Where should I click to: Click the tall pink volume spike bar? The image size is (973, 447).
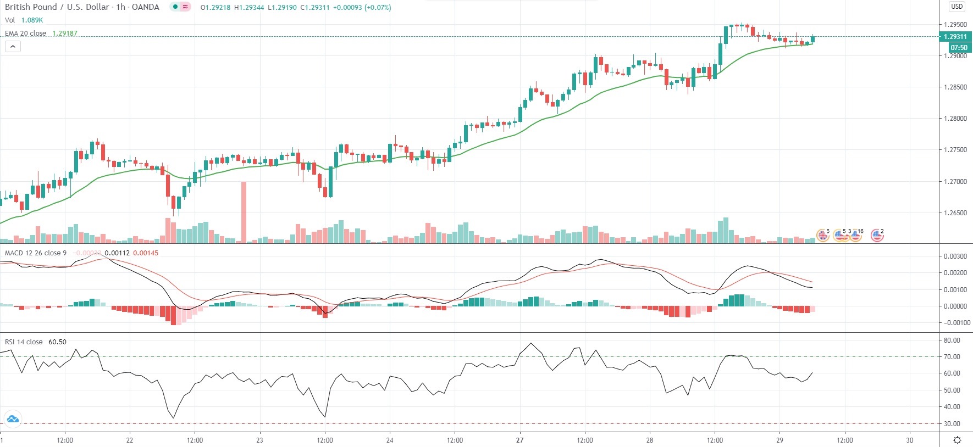[244, 211]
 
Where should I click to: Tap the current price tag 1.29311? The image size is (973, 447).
[955, 37]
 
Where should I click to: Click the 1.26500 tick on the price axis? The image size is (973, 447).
[955, 213]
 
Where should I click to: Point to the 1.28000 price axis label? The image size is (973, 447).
[955, 119]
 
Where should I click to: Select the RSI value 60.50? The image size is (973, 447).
[57, 342]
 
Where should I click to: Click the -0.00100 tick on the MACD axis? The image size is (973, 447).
[957, 323]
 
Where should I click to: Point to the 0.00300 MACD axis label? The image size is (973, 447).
[955, 256]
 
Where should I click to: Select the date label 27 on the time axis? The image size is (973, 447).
[520, 440]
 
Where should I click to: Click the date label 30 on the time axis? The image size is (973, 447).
[910, 440]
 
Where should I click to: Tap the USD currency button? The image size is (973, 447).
[957, 7]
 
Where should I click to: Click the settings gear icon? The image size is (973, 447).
[957, 440]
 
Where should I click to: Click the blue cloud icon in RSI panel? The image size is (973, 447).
[12, 419]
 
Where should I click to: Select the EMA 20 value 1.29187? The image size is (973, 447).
[65, 33]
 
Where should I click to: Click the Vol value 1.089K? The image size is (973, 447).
[32, 20]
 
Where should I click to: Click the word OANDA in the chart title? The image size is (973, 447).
[146, 7]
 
